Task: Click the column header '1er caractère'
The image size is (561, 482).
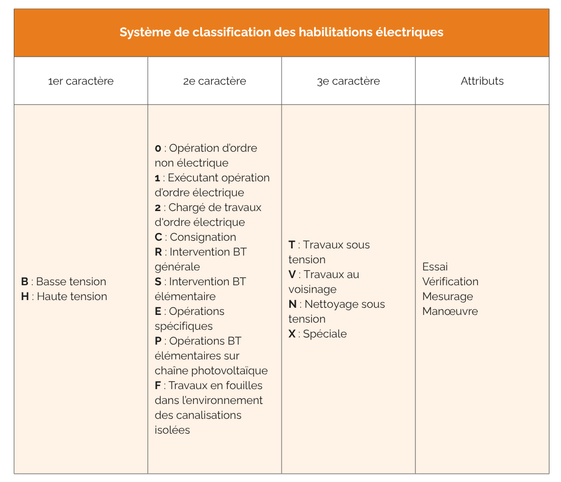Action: click(x=81, y=81)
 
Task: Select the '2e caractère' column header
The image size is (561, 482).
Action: click(x=215, y=81)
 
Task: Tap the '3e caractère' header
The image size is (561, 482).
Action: click(x=348, y=81)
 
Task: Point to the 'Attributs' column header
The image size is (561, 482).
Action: click(x=482, y=81)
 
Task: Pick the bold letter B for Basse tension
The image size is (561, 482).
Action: click(x=25, y=282)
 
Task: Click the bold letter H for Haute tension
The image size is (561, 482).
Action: click(x=25, y=297)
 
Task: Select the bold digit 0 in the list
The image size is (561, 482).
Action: click(x=158, y=149)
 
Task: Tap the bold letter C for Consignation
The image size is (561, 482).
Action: click(x=158, y=237)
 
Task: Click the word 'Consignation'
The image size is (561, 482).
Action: click(x=203, y=237)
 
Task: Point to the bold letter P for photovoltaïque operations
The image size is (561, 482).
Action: click(x=158, y=341)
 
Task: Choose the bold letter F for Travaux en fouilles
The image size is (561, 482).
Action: click(x=158, y=386)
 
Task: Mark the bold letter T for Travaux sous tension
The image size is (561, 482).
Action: click(x=291, y=245)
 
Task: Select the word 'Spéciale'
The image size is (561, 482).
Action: click(x=324, y=334)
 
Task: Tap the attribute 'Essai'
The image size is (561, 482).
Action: click(x=435, y=267)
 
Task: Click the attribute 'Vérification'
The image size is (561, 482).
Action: click(x=450, y=282)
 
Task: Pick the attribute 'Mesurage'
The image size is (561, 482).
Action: click(x=448, y=297)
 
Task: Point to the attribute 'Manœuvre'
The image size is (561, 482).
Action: click(x=450, y=312)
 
